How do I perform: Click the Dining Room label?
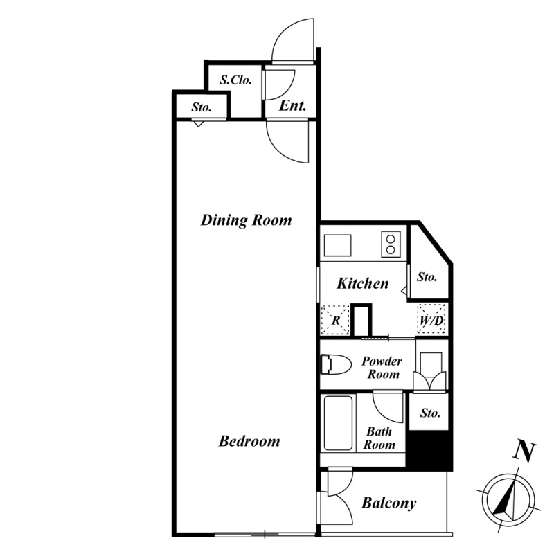247,220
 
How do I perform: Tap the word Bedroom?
249,441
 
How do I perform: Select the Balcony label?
388,503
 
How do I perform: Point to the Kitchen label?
362,283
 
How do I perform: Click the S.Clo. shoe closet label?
235,80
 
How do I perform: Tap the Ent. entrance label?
292,106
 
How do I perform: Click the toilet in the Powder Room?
336,365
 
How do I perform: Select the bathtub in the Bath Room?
338,423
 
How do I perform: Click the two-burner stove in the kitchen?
391,244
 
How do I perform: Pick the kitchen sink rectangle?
337,245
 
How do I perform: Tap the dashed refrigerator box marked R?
335,321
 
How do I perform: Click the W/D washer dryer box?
431,319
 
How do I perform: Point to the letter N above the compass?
524,452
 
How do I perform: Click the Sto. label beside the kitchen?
427,277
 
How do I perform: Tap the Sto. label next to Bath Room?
430,413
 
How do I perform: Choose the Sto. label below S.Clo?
202,107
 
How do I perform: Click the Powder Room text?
382,368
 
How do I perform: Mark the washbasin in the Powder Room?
430,371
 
